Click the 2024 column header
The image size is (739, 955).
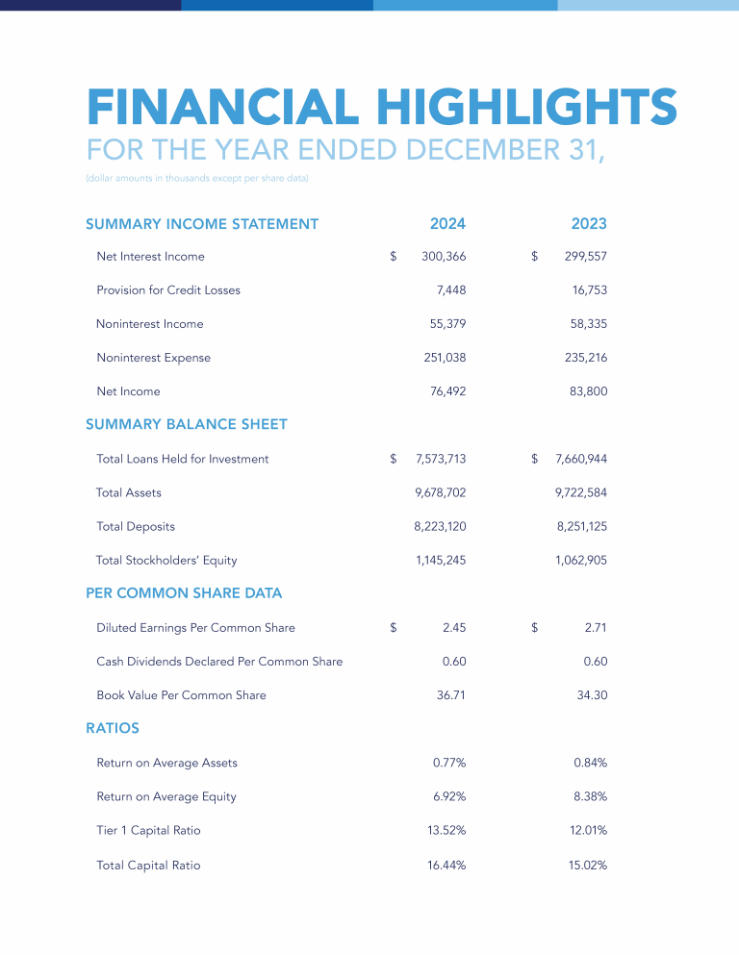pyautogui.click(x=447, y=224)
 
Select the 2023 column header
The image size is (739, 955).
pyautogui.click(x=589, y=224)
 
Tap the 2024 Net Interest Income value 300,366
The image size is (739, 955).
pyautogui.click(x=444, y=257)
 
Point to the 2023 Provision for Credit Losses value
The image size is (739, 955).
pyautogui.click(x=589, y=290)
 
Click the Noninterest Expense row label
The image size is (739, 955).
pyautogui.click(x=153, y=358)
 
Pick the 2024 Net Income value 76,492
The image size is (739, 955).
pyautogui.click(x=447, y=391)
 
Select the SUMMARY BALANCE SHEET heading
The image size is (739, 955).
pyautogui.click(x=187, y=424)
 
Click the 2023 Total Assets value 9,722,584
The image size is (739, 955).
pyautogui.click(x=581, y=492)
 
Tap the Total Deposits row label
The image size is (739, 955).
pyautogui.click(x=136, y=526)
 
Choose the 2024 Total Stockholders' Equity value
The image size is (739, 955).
pyautogui.click(x=441, y=560)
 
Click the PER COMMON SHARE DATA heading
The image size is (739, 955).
pyautogui.click(x=184, y=593)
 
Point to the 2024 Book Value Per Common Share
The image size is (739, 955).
pyautogui.click(x=451, y=695)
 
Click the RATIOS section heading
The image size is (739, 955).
pyautogui.click(x=113, y=728)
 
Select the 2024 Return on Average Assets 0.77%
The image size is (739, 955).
pyautogui.click(x=449, y=763)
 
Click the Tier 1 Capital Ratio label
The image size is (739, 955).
pyautogui.click(x=148, y=830)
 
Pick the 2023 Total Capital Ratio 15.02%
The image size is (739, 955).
pyautogui.click(x=588, y=865)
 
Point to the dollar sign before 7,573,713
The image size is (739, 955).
pyautogui.click(x=394, y=459)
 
